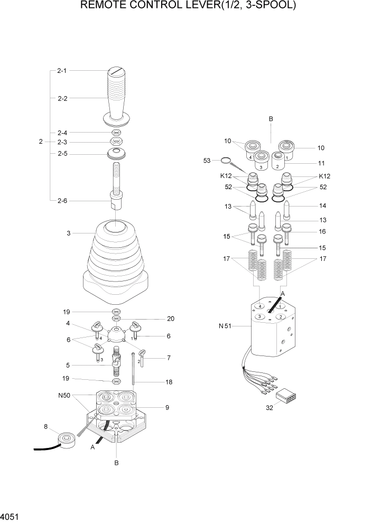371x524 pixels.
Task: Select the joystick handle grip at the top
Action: (117, 95)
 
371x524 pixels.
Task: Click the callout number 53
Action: (207, 160)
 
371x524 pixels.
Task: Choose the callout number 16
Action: (321, 231)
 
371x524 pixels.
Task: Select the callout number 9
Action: (167, 407)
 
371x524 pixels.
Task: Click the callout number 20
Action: (171, 319)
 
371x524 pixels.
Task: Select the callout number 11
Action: (321, 163)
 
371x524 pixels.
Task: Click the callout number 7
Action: (168, 358)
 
